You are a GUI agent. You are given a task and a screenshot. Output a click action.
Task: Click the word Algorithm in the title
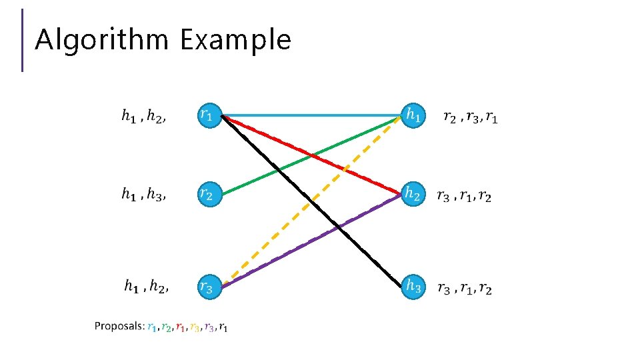tap(101, 40)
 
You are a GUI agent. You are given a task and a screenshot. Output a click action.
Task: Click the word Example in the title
tap(235, 40)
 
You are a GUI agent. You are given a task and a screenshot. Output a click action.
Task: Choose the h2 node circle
tap(413, 195)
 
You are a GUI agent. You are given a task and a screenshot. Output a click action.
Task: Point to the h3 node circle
tap(413, 287)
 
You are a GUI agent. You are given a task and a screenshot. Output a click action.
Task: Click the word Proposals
tap(119, 326)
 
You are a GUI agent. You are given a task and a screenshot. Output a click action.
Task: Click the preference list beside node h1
tap(470, 118)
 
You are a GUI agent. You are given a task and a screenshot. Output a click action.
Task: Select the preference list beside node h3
tap(465, 289)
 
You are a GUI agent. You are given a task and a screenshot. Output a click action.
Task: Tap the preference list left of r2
tap(143, 195)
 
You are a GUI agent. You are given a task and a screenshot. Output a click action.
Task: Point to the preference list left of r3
tap(146, 287)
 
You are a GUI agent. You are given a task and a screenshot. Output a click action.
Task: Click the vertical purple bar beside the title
tap(23, 40)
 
